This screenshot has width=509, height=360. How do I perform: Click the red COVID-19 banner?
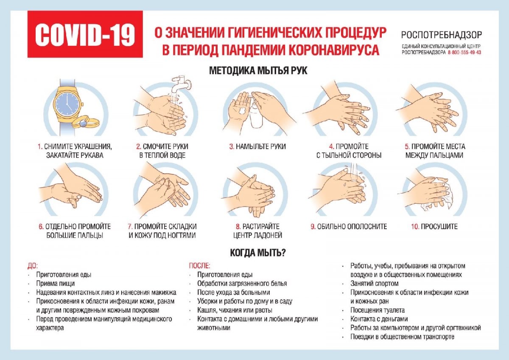tap(85, 34)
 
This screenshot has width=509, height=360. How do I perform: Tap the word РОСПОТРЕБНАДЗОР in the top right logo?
tap(441, 35)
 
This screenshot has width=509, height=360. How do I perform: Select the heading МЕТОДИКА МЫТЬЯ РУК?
tap(258, 71)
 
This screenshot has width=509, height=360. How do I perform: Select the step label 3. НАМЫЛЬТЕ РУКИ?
tap(257, 146)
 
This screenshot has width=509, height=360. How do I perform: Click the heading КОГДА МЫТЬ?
tap(257, 253)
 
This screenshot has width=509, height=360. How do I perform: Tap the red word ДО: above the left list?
tap(33, 266)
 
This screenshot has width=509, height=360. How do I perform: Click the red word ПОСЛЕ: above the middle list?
tap(199, 266)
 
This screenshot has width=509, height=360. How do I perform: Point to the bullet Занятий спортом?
tap(375, 284)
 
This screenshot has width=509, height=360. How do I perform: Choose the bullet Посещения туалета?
tap(378, 310)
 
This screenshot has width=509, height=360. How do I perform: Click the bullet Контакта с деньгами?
tap(379, 319)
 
